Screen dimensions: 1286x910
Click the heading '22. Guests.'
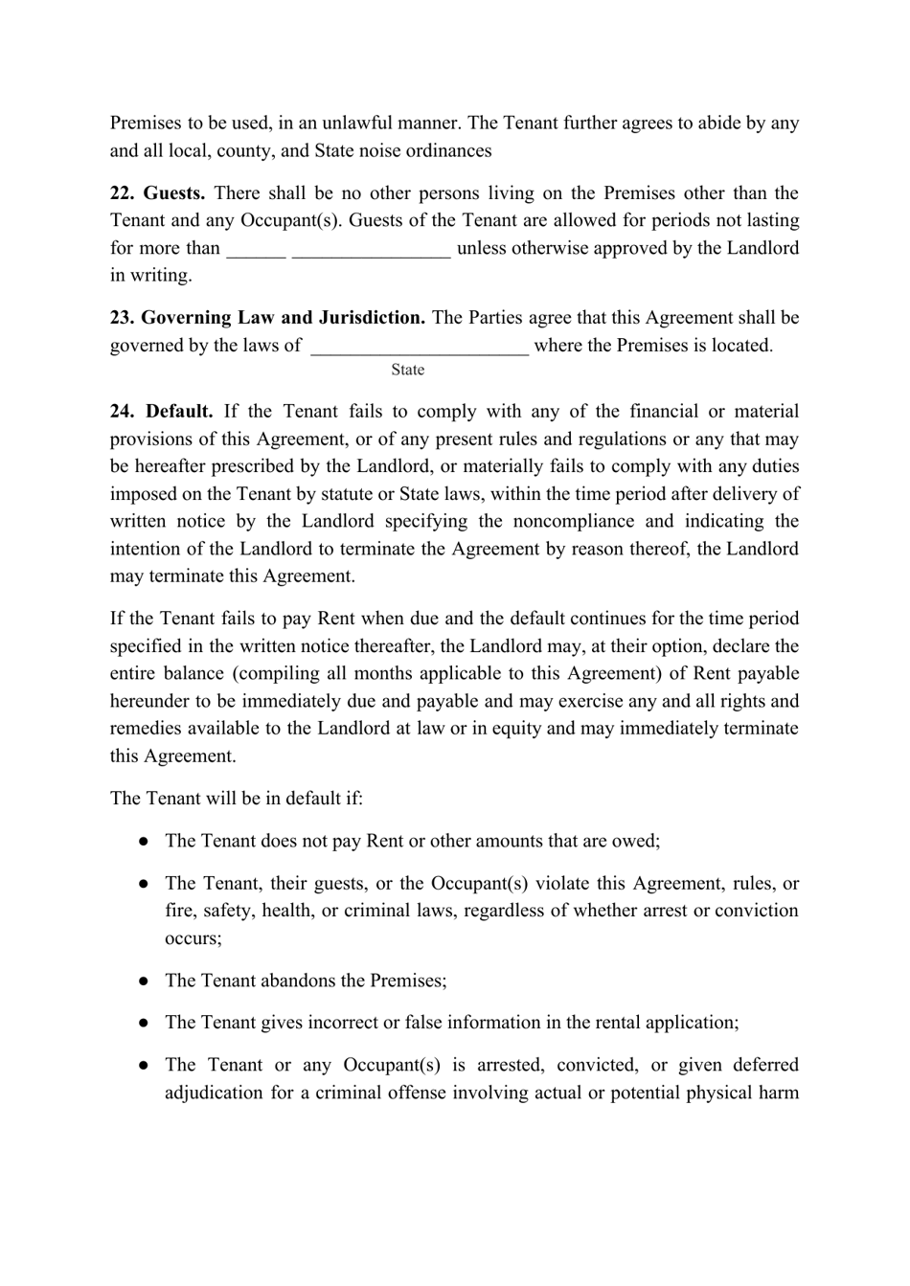coord(157,193)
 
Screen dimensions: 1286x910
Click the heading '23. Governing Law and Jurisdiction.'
coord(268,318)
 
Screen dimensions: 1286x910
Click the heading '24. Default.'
coord(161,412)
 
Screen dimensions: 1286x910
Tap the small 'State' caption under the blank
coord(407,370)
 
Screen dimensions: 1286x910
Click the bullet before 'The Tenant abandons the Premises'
coord(143,981)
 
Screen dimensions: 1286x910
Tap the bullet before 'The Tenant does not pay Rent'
coord(143,842)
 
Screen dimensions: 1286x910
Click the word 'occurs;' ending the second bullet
coord(193,938)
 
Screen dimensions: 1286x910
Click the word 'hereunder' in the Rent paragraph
coord(149,701)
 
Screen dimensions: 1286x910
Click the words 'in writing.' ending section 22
coord(150,276)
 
